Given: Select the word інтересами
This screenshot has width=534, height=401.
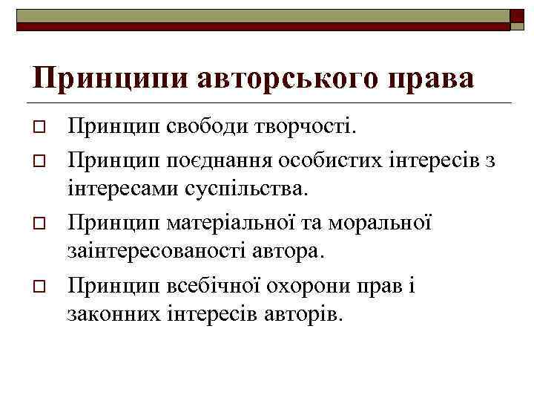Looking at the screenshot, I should click(x=121, y=189).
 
